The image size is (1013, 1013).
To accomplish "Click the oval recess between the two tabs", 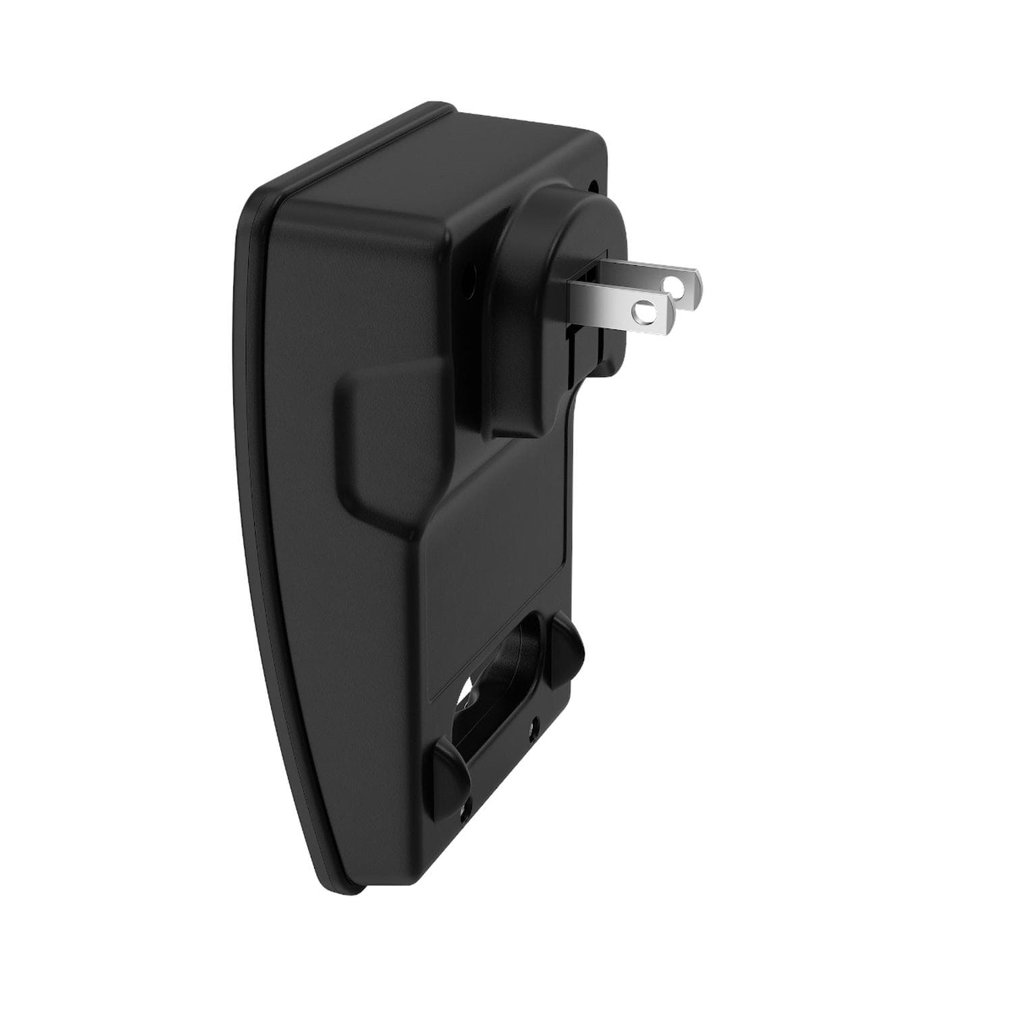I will tap(503, 709).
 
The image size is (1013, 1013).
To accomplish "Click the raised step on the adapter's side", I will tap(378, 439).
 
